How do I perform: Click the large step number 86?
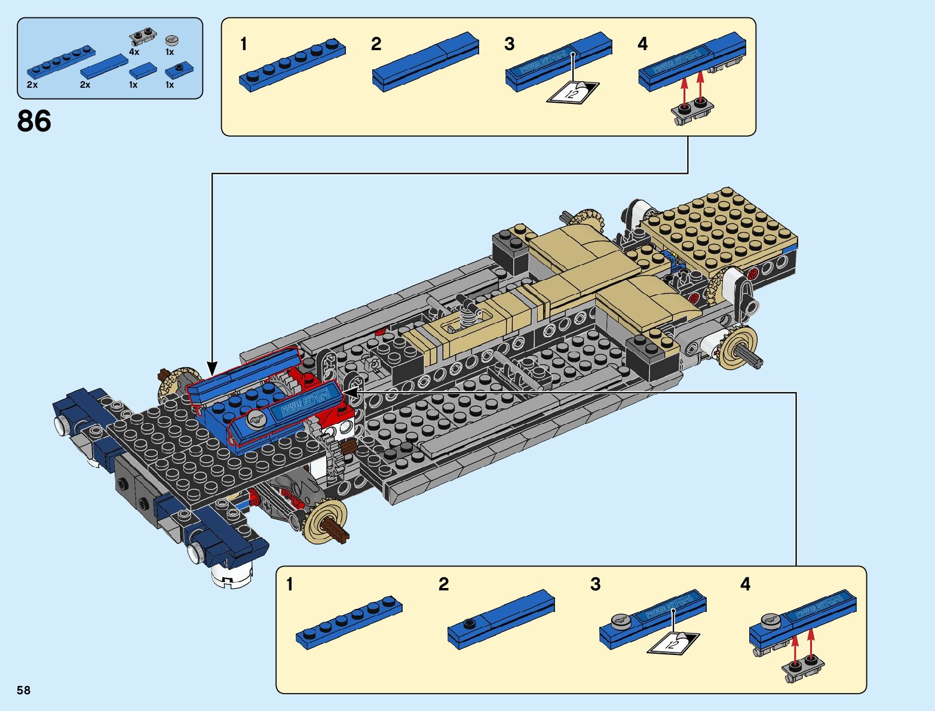34,121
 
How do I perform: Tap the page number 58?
23,690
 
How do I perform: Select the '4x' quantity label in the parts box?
134,52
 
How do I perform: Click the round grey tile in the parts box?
171,40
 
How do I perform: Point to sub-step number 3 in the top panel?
509,44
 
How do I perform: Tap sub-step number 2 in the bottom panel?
443,584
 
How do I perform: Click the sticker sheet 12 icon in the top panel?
572,92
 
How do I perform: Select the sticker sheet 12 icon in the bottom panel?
673,642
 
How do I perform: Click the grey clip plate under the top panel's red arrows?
693,112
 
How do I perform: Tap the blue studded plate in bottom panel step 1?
349,621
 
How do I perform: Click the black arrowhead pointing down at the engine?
211,367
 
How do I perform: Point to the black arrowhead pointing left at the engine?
351,393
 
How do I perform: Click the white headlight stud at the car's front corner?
61,424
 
